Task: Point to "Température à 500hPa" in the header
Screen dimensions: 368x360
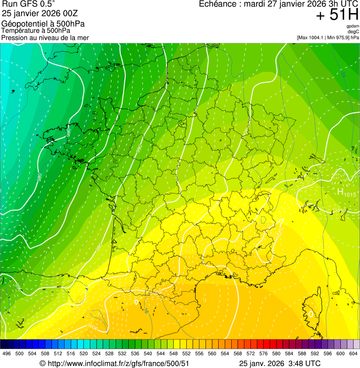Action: [x=36, y=30]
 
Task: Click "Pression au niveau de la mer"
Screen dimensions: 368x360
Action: [x=45, y=37]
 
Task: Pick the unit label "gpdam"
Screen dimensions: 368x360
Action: [x=353, y=26]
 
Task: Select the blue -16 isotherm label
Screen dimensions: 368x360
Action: [x=146, y=310]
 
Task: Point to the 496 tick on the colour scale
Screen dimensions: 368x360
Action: [x=7, y=353]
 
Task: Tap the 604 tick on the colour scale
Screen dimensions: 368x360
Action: [x=353, y=353]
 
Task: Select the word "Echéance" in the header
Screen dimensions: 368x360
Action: [x=218, y=4]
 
